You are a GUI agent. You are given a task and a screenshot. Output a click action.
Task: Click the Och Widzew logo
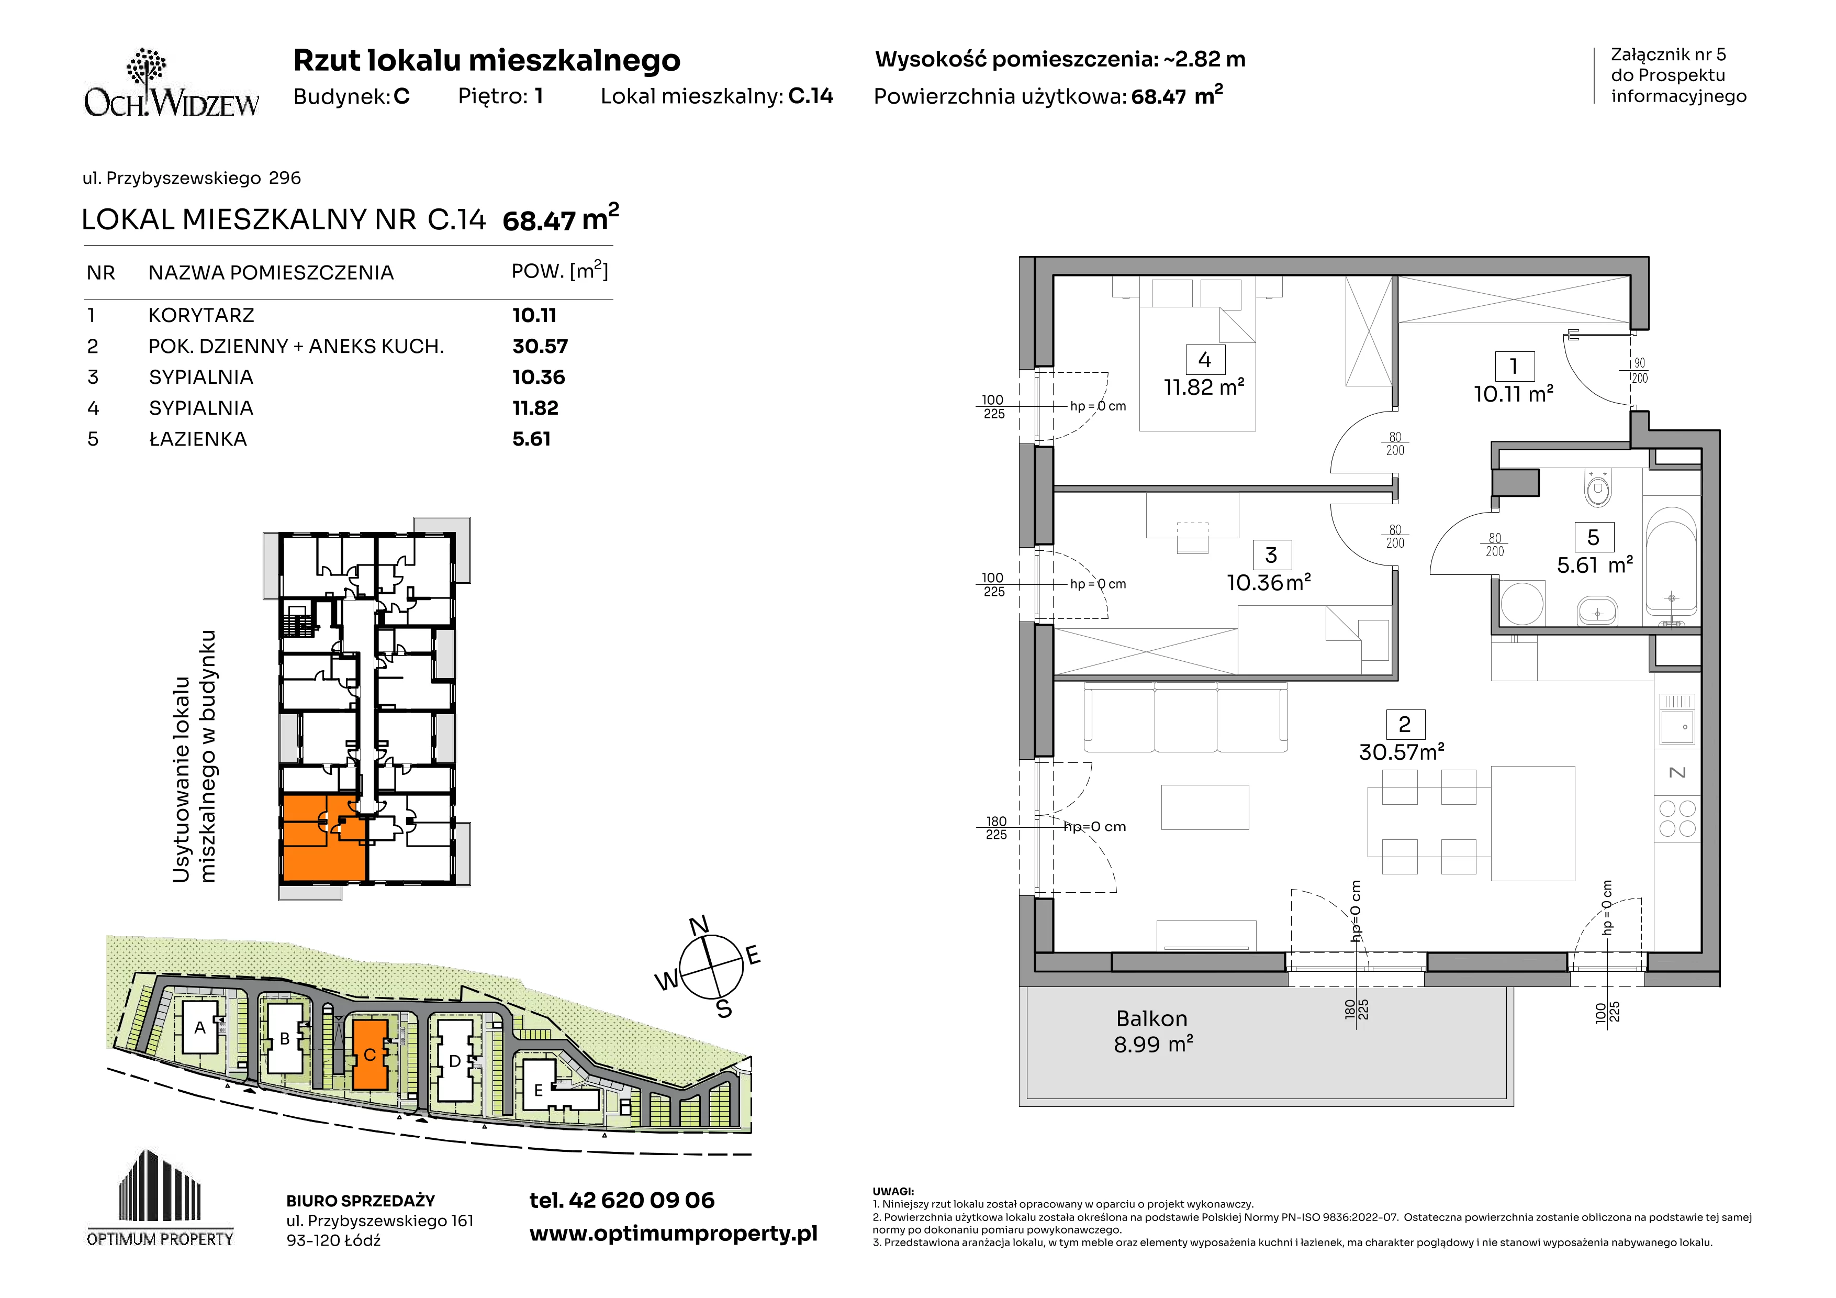click(x=171, y=83)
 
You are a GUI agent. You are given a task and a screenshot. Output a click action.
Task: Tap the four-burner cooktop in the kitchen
click(x=1677, y=818)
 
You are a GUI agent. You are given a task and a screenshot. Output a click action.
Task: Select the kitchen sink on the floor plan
click(x=1677, y=720)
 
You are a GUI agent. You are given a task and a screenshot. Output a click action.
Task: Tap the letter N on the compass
click(x=699, y=925)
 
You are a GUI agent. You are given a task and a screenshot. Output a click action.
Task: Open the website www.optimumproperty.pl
click(x=673, y=1234)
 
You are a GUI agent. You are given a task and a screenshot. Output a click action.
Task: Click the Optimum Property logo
click(x=160, y=1198)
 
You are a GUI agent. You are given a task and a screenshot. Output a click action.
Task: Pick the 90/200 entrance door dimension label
click(x=1639, y=370)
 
